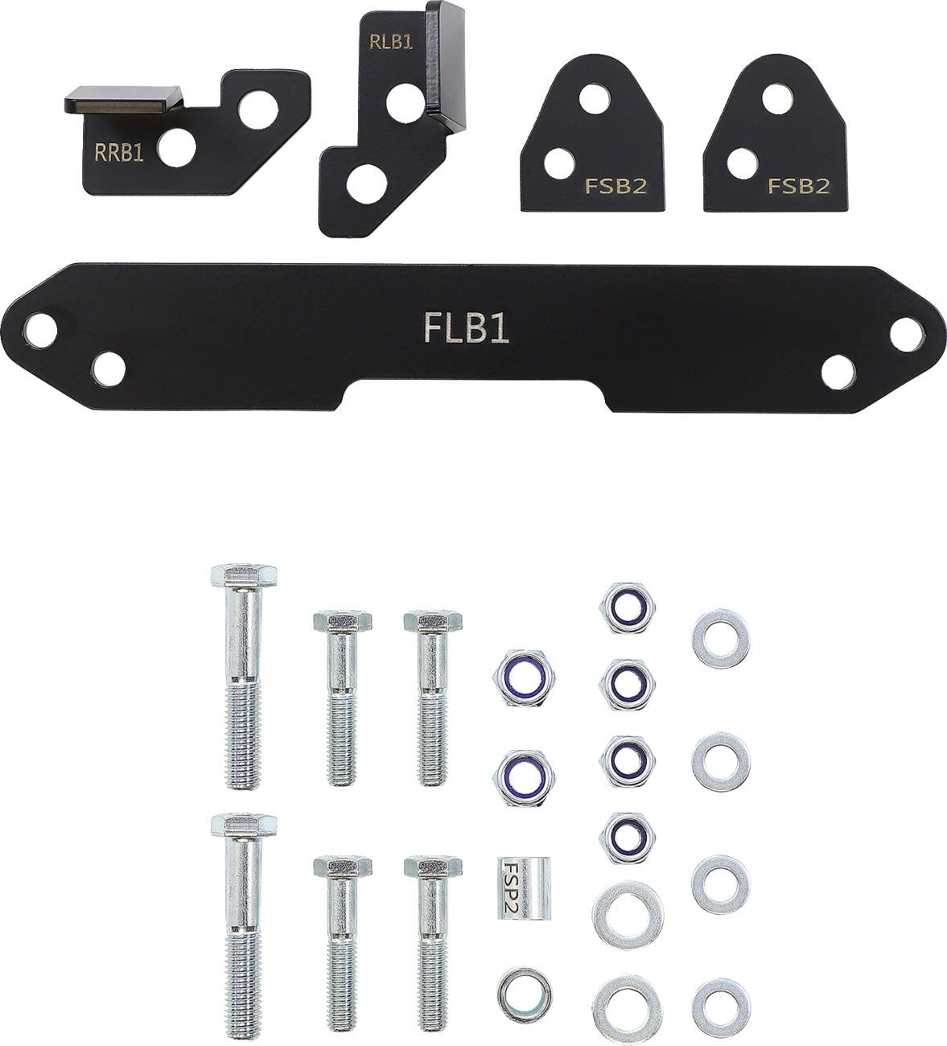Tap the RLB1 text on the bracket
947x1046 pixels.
[x=391, y=43]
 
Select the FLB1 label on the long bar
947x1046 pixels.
[x=466, y=329]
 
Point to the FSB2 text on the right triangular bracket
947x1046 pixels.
[x=798, y=187]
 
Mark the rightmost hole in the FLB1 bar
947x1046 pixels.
[x=908, y=331]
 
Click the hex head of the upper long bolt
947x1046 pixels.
[x=245, y=577]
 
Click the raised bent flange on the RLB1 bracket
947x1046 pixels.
[x=447, y=68]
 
